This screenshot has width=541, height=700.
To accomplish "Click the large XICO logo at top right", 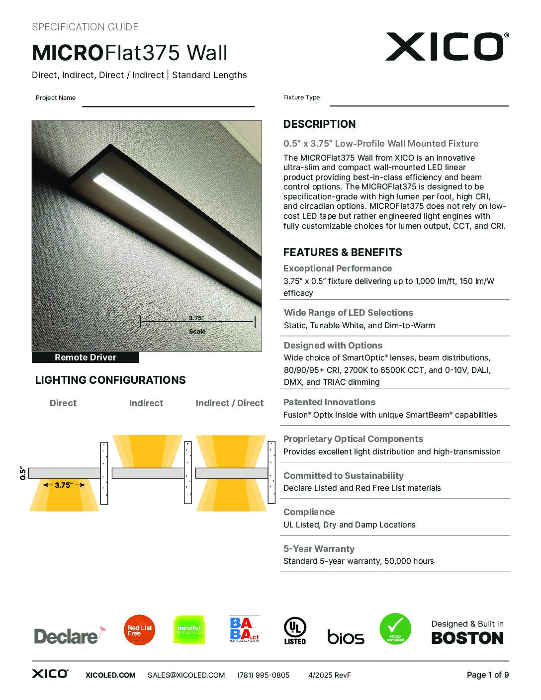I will tap(446, 47).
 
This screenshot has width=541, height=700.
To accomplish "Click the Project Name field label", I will tap(56, 98).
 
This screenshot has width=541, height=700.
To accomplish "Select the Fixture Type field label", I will tap(301, 97).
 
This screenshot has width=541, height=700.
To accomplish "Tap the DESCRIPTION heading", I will tap(319, 124).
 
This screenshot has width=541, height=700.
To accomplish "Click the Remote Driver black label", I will tap(86, 357).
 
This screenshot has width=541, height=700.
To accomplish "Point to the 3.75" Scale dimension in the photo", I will tap(197, 322).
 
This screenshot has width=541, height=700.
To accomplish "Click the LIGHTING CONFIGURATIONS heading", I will tap(110, 380).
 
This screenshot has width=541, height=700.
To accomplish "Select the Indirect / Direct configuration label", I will tap(229, 403).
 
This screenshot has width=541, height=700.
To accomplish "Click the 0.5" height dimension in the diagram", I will tap(23, 473).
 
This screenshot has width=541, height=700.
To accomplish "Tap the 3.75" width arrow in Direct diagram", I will tap(64, 485).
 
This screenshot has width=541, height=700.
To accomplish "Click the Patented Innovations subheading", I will tap(329, 402).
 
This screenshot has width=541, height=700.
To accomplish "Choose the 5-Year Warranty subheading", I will tap(319, 549).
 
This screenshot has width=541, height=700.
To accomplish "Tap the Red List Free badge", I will tap(139, 630).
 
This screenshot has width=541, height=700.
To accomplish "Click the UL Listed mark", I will tap(295, 630).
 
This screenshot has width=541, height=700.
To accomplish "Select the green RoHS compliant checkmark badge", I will tap(395, 629).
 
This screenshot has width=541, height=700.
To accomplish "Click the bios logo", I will tap(346, 637).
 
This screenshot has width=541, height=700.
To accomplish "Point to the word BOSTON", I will tap(467, 638).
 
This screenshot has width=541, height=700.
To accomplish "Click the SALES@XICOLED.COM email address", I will tap(186, 675).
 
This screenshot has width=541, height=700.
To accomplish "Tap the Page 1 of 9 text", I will tap(487, 675).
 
